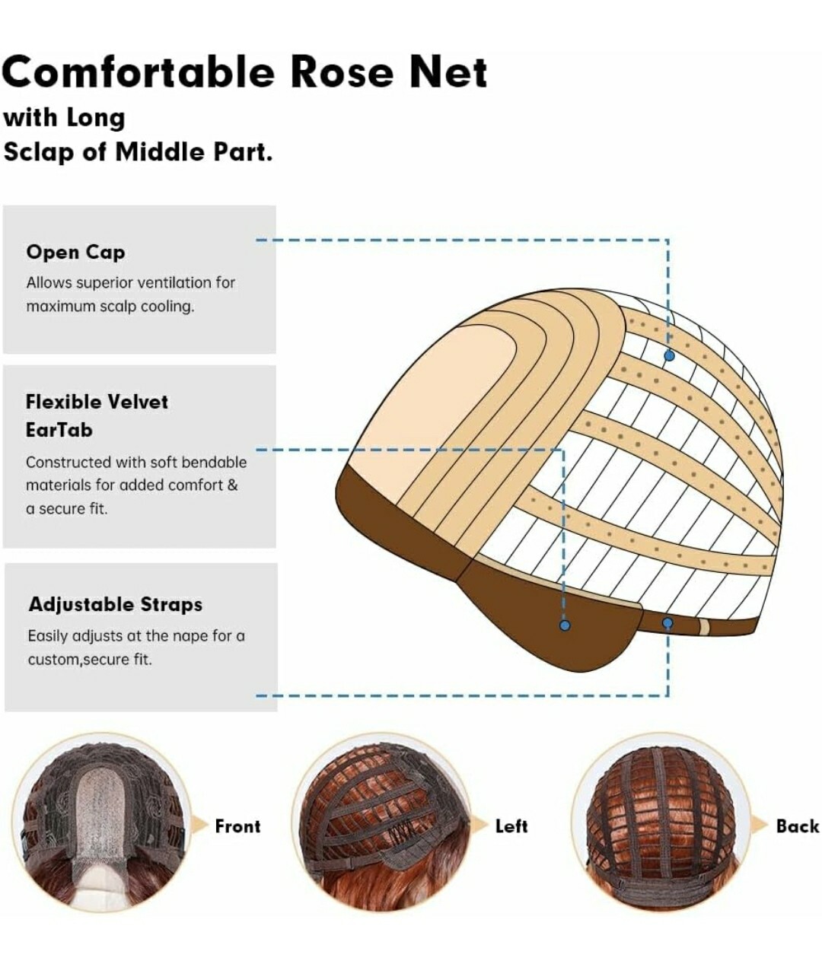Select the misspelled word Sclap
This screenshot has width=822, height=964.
[39, 152]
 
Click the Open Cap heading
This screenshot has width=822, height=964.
[75, 253]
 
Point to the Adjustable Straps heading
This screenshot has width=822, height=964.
[116, 604]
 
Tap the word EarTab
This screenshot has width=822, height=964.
[59, 430]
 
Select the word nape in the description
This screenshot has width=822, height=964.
[192, 637]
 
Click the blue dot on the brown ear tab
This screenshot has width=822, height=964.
[565, 625]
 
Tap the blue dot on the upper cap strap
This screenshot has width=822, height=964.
[669, 356]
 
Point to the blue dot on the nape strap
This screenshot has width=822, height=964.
[667, 622]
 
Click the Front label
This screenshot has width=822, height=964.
[237, 826]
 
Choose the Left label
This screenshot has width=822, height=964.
[511, 826]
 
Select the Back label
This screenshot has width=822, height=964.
[798, 826]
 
